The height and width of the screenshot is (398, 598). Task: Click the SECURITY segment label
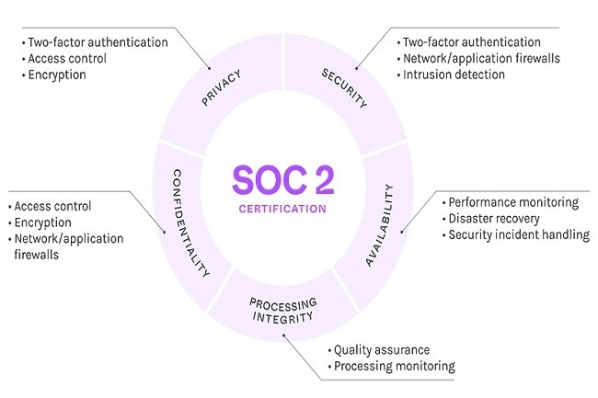pyautogui.click(x=344, y=87)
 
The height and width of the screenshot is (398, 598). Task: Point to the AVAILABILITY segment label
pyautogui.click(x=381, y=225)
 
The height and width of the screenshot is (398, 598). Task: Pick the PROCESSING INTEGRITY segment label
pyautogui.click(x=282, y=310)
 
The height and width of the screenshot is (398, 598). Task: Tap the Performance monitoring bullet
pyautogui.click(x=512, y=202)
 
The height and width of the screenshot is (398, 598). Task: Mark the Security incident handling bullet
pyautogui.click(x=517, y=234)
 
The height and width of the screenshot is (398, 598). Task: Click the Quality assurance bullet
pyautogui.click(x=381, y=350)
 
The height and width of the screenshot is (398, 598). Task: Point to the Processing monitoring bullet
pyautogui.click(x=394, y=366)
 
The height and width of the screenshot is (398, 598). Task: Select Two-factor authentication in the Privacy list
pyautogui.click(x=98, y=42)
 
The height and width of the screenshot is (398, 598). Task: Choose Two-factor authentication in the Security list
pyautogui.click(x=471, y=42)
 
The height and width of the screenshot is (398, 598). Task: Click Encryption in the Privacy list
pyautogui.click(x=57, y=74)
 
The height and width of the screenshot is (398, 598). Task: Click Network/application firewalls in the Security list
pyautogui.click(x=480, y=59)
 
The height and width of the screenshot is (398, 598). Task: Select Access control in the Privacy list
pyautogui.click(x=67, y=59)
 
